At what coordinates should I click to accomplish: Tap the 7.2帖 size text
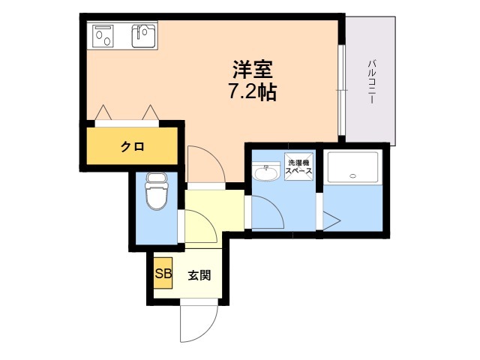[x=252, y=93]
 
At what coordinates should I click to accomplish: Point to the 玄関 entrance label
[x=199, y=275]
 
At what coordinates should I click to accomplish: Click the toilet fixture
[x=157, y=193]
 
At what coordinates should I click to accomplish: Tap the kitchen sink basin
[x=144, y=34]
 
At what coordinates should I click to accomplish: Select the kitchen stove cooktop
[x=104, y=34]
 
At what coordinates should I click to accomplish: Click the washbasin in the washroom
[x=266, y=173]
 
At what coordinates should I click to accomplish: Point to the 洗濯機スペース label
[x=298, y=166]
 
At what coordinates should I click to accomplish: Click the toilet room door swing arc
[x=199, y=226]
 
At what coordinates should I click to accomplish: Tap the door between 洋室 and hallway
[x=202, y=165]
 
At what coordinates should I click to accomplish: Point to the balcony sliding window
[x=341, y=90]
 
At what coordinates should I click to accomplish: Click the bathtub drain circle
[x=352, y=176]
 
